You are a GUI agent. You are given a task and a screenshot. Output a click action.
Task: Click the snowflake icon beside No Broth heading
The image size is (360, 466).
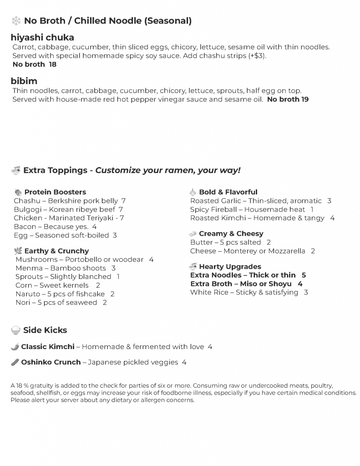[16, 21]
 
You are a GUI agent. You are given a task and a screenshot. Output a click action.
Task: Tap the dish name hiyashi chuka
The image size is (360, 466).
[42, 37]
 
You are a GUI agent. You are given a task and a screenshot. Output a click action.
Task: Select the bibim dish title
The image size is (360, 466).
[24, 81]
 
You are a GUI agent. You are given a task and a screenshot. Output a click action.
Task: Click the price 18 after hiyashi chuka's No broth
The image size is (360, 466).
[53, 65]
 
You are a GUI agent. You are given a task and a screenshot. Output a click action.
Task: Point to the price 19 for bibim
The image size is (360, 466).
[305, 99]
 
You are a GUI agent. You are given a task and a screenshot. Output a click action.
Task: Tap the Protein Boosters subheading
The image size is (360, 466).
[55, 192]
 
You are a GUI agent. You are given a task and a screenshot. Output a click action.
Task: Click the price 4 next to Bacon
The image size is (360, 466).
[94, 227]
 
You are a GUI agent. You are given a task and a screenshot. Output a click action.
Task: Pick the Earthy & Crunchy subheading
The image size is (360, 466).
[56, 251]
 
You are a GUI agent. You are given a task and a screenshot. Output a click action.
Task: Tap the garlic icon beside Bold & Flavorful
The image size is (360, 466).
[193, 192]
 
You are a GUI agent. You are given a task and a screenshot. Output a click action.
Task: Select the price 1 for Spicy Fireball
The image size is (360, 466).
[312, 209]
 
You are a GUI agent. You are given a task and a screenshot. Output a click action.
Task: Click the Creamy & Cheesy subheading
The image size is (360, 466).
[231, 233]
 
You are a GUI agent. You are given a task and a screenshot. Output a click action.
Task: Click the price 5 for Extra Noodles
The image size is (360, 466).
[304, 275]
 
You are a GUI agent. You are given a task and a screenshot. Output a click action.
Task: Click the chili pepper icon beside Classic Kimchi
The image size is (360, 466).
[15, 347]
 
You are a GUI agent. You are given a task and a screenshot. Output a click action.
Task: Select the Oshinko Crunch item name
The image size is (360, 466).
[51, 362]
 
